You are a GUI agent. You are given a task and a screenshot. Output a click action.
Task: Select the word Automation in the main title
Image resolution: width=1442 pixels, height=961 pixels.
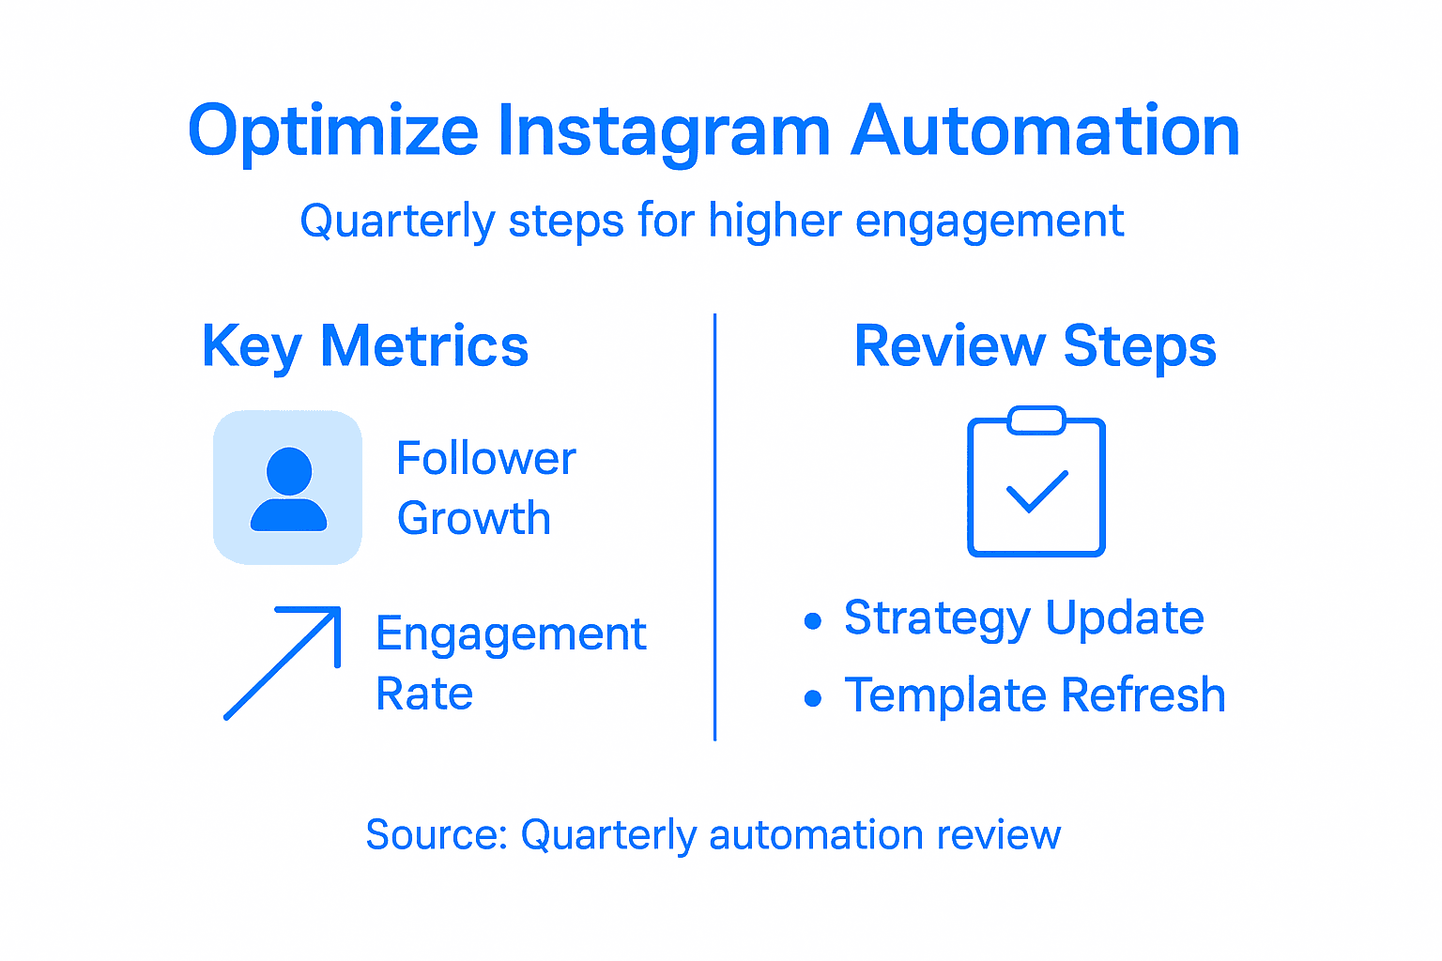[1046, 131]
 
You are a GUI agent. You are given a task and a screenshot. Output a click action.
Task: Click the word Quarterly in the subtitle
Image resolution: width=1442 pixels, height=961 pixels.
[396, 222]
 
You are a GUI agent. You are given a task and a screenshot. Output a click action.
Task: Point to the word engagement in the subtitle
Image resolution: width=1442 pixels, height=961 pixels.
[989, 222]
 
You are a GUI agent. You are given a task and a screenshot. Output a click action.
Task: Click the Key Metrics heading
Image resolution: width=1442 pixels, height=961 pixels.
[365, 346]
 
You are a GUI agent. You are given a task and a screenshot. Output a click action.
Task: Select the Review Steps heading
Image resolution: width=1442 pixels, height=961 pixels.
[1035, 346]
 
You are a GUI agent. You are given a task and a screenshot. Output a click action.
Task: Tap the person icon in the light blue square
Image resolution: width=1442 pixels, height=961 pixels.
[288, 489]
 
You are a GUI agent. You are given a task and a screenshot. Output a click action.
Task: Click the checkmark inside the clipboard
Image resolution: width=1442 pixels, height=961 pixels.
[1036, 492]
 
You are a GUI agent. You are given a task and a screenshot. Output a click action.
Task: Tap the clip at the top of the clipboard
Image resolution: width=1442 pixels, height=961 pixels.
[1035, 420]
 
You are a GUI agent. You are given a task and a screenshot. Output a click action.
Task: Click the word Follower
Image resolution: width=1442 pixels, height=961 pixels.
[485, 459]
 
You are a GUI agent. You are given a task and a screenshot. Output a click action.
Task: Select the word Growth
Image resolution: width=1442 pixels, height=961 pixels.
[473, 519]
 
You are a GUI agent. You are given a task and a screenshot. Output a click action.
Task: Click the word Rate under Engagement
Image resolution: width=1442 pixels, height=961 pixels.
[424, 694]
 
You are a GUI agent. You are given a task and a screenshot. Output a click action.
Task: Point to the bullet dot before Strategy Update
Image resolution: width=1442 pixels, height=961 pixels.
[813, 620]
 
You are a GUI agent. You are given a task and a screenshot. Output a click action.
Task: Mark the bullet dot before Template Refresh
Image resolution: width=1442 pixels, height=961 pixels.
[813, 698]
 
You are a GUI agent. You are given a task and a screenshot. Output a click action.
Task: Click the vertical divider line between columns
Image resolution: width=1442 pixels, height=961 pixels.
[715, 526]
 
